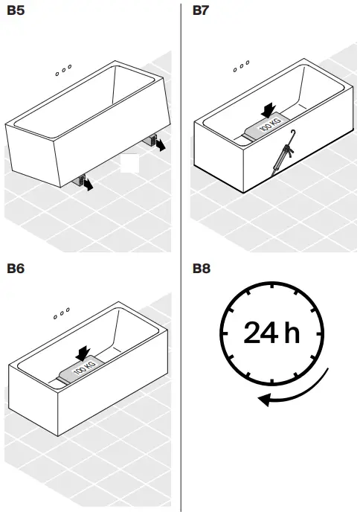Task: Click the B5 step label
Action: click(16, 10)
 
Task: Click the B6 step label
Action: click(16, 268)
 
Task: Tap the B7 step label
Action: click(201, 10)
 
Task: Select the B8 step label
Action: click(201, 268)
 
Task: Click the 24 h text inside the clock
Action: click(271, 333)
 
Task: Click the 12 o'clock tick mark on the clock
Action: click(272, 288)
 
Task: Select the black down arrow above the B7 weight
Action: click(269, 109)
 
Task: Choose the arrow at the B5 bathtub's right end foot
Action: click(160, 145)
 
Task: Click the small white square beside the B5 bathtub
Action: click(130, 164)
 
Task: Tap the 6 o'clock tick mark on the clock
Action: click(272, 380)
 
